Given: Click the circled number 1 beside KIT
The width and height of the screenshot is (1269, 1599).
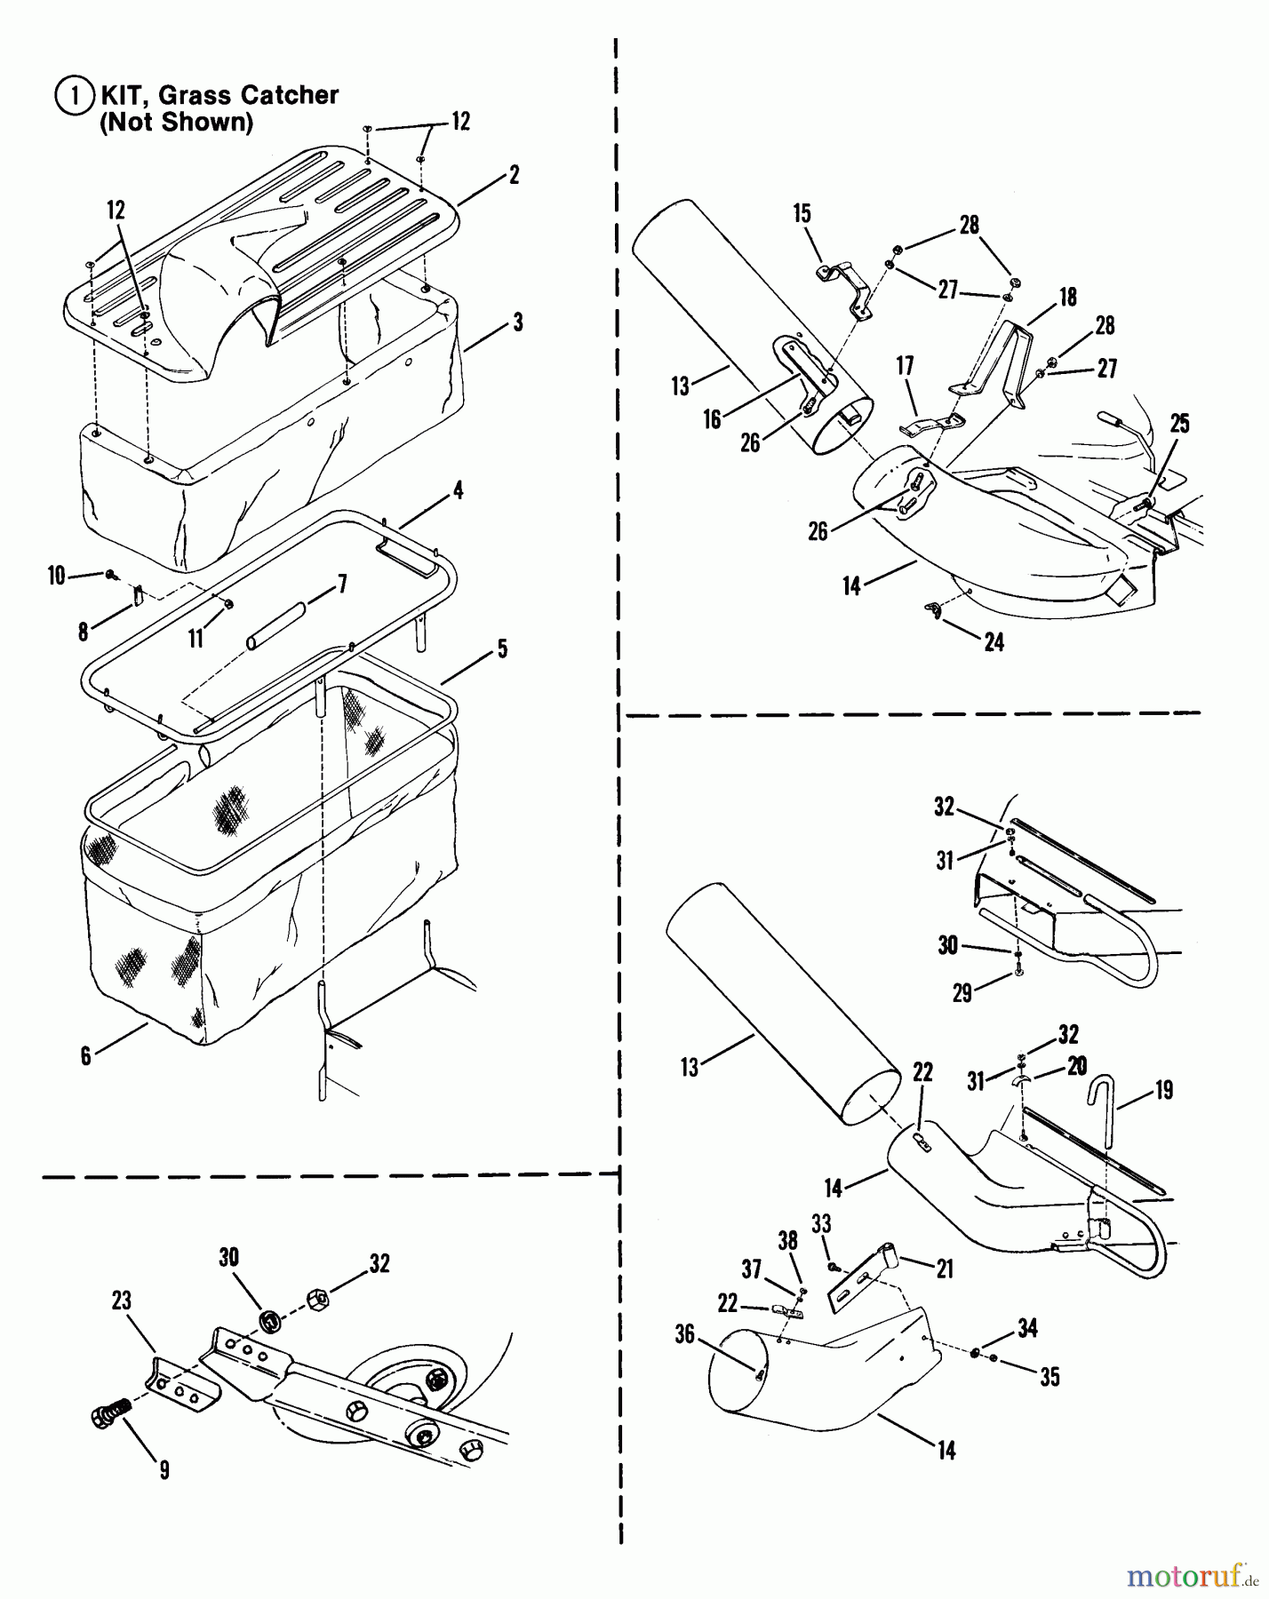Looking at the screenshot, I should [74, 96].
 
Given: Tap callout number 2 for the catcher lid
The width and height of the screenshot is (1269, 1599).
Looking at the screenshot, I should [514, 174].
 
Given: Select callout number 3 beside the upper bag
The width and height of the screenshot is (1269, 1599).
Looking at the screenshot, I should [517, 322].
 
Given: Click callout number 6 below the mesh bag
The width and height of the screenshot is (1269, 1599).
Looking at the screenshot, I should [85, 1056].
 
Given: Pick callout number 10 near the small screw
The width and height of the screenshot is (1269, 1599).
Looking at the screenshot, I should [57, 576].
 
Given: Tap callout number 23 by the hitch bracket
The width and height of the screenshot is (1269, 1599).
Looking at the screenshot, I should [122, 1301].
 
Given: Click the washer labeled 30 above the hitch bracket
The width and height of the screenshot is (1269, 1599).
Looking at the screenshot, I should [269, 1320].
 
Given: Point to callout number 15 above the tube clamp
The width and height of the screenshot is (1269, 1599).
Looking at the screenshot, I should [802, 213].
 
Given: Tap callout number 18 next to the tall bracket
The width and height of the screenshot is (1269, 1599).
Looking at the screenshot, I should [1067, 296].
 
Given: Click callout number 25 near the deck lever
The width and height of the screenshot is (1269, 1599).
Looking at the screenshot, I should [1179, 424].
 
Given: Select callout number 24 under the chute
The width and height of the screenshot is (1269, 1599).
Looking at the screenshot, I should [994, 642].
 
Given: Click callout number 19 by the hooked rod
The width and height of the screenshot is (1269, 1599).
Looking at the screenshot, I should [1164, 1090].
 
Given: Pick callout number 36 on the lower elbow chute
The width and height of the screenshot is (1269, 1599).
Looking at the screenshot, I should [684, 1334].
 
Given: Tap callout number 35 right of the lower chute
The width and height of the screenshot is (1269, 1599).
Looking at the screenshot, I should [1050, 1377].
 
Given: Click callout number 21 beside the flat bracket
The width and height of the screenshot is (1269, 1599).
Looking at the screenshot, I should [945, 1269].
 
